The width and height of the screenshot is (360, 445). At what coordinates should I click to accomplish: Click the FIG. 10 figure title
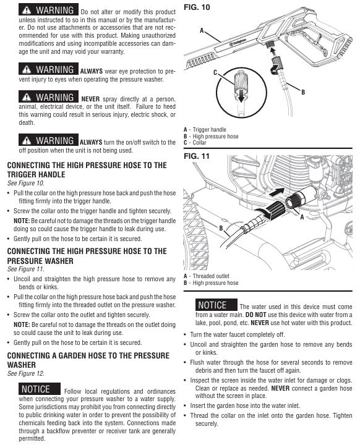(x=197, y=7)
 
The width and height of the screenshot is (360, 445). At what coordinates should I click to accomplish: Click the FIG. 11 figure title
(x=196, y=156)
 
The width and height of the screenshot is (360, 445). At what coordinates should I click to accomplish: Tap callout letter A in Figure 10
(x=202, y=30)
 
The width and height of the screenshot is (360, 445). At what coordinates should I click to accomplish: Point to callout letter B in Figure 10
(x=303, y=92)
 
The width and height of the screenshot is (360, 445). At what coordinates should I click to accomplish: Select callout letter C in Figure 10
(x=215, y=73)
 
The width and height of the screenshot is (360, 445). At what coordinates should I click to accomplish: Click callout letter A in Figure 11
(x=302, y=217)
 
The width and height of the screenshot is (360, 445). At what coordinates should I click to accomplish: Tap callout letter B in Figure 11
(x=221, y=228)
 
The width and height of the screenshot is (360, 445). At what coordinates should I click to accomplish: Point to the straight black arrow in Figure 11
(x=276, y=192)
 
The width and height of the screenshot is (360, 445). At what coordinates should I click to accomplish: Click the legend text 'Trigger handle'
(x=210, y=130)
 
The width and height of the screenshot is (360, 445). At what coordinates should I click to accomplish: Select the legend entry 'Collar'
(x=199, y=143)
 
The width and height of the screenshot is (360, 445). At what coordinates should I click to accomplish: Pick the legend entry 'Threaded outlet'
(x=211, y=276)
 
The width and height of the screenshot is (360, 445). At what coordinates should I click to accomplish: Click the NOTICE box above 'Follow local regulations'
(x=40, y=389)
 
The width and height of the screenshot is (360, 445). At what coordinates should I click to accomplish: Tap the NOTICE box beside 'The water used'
(x=216, y=305)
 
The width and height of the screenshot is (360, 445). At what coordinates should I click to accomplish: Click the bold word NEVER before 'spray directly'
(x=90, y=99)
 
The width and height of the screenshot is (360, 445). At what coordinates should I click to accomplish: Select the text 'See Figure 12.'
(x=26, y=373)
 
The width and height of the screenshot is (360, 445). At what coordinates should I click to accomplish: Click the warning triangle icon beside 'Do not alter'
(x=27, y=11)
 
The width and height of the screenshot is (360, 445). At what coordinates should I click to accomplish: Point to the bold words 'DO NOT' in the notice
(x=255, y=315)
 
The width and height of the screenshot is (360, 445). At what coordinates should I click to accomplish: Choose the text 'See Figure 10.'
(x=26, y=183)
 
